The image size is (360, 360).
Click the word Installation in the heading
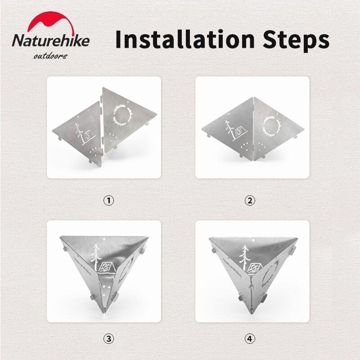(x=185, y=39)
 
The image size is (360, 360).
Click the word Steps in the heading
(x=296, y=40)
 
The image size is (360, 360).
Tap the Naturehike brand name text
(x=50, y=40)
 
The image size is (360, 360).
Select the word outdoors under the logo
(x=50, y=56)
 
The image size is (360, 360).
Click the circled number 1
(x=108, y=200)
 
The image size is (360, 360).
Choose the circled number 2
(x=250, y=200)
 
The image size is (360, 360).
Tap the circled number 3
(x=108, y=339)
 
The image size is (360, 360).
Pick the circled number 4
(x=250, y=339)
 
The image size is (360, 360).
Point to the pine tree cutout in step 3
(x=96, y=257)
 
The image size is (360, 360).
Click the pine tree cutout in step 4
(x=244, y=257)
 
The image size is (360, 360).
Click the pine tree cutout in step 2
(x=229, y=130)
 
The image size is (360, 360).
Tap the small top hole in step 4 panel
(x=253, y=240)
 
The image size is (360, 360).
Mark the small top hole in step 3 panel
(x=104, y=239)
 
